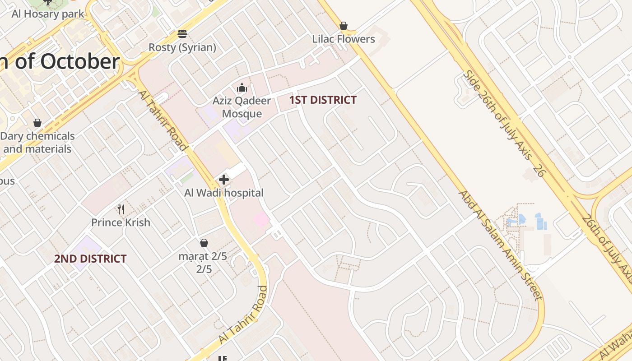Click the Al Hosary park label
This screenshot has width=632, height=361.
coord(48,14)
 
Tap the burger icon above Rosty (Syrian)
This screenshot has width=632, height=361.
coord(182,34)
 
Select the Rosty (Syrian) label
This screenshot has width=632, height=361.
coord(182,47)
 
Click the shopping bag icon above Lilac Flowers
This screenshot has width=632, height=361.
coord(344,26)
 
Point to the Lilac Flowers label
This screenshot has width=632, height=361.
coord(344,39)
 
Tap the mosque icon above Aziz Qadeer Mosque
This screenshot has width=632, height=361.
coord(242,88)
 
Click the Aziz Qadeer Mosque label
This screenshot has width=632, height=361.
coord(242,107)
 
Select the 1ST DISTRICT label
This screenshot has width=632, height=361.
coord(323,100)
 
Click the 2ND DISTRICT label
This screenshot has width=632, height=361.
coord(90,259)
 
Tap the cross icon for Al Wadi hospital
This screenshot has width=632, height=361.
coord(223,180)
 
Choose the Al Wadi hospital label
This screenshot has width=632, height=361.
coord(223,193)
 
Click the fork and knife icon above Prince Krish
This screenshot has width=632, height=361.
coord(121,209)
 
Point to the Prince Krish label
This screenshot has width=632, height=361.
coord(121,222)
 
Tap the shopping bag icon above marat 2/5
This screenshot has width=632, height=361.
coord(204,243)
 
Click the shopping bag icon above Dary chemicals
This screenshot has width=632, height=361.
coord(37,123)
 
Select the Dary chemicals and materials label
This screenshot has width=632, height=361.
coord(37,143)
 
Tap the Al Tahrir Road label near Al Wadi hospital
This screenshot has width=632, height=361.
coord(163,120)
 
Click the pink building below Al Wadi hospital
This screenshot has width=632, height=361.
coord(261,220)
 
